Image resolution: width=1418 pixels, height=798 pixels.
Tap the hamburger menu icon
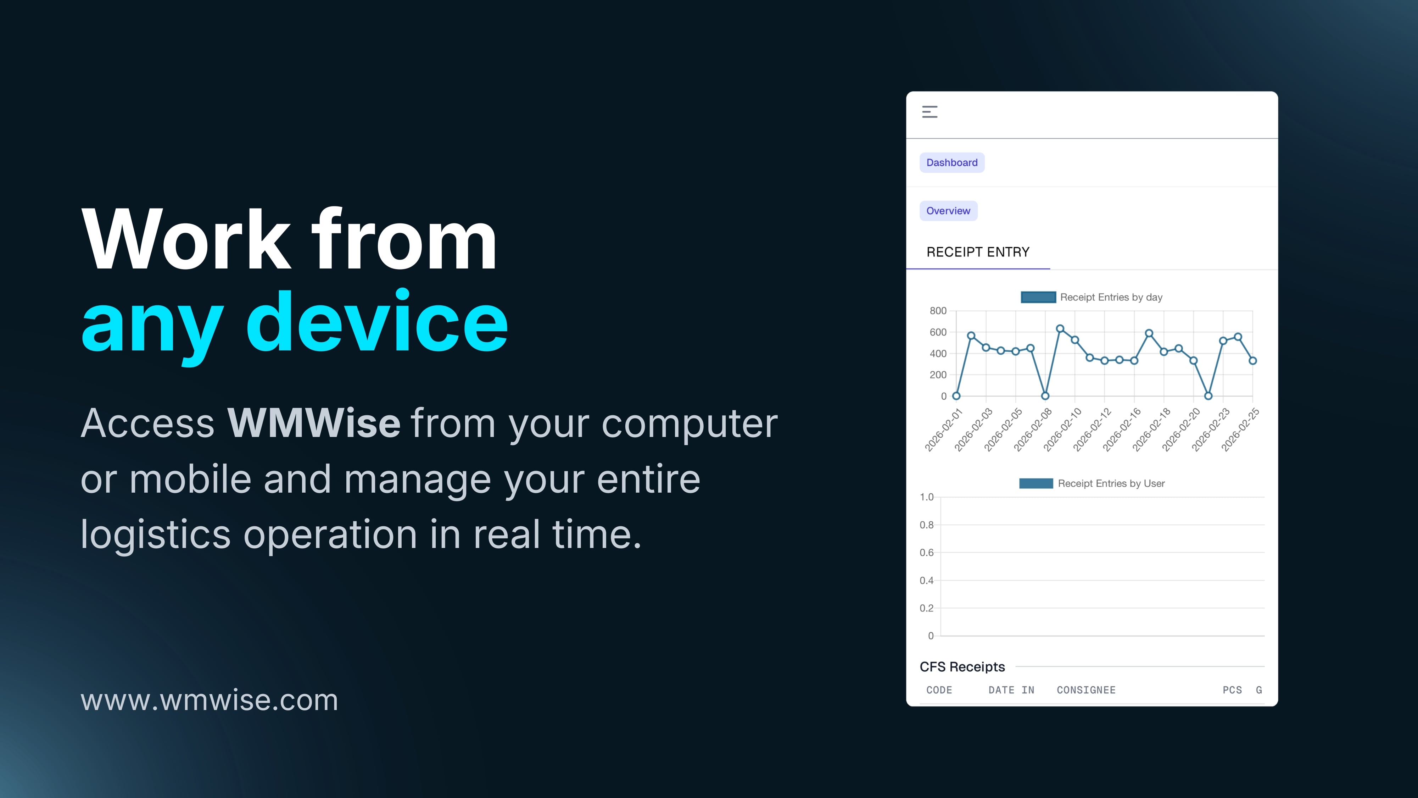(930, 112)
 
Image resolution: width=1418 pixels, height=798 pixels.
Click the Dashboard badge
(952, 162)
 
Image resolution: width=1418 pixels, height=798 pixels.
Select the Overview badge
(948, 211)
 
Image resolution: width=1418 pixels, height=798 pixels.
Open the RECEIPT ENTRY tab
(978, 252)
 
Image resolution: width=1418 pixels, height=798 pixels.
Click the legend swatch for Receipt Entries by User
(1036, 483)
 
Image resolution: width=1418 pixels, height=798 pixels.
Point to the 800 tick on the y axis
(938, 311)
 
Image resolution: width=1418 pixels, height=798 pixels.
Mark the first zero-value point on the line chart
(956, 396)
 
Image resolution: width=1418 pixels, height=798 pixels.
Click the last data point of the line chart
(1253, 361)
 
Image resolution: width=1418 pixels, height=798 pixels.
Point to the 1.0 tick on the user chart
(926, 497)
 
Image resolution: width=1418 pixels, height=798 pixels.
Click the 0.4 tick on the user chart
(926, 581)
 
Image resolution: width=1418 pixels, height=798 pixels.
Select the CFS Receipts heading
(962, 667)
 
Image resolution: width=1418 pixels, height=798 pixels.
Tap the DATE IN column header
(1011, 690)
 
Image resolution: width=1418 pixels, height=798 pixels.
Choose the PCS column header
(1232, 690)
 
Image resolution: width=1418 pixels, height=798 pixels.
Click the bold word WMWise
(314, 423)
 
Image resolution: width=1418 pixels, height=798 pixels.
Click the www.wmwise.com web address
(209, 700)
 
